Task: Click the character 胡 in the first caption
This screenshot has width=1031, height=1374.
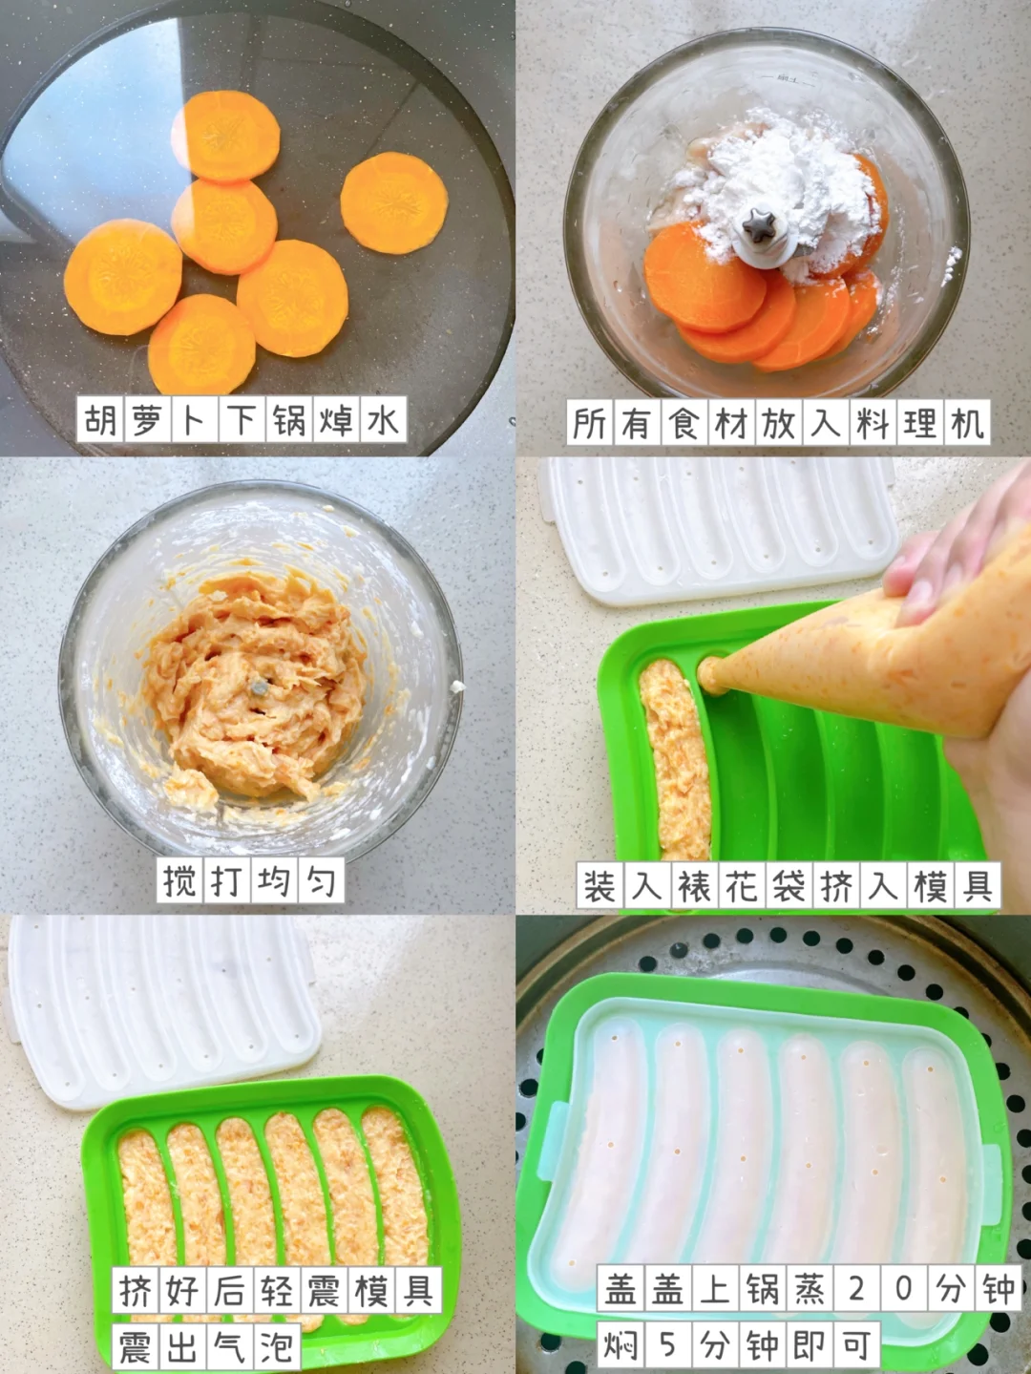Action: pos(101,419)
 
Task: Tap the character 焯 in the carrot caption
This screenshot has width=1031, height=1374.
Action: pos(336,419)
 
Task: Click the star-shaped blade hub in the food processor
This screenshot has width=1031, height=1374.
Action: pos(760,228)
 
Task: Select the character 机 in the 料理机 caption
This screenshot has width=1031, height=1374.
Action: pos(967,423)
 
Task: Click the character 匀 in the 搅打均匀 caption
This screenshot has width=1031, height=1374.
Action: pos(321,880)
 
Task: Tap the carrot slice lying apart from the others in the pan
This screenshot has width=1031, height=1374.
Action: pos(394,202)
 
